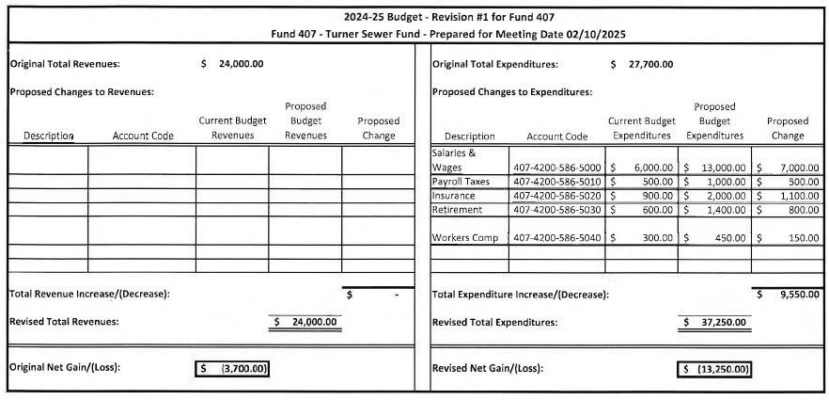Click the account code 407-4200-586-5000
(x=557, y=168)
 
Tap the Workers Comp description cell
(x=464, y=238)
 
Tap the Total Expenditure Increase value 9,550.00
(x=799, y=295)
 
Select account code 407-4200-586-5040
(x=557, y=238)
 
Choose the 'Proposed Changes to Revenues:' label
(x=82, y=92)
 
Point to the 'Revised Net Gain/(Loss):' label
(x=487, y=368)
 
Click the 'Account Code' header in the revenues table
(x=143, y=136)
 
